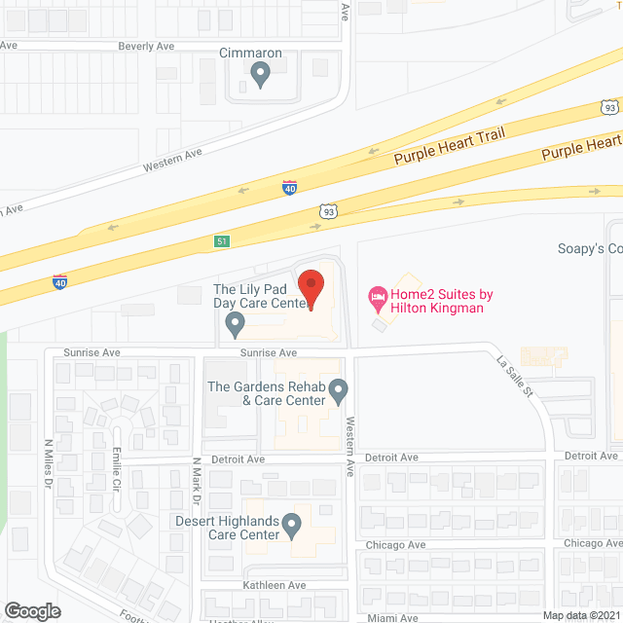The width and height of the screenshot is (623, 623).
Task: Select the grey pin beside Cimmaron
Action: [x=260, y=73]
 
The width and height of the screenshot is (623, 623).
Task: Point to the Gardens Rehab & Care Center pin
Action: [x=338, y=391]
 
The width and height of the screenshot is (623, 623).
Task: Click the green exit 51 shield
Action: [x=223, y=240]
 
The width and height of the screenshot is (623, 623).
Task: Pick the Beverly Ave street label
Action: [x=146, y=46]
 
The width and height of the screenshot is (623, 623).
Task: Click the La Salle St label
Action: [x=516, y=379]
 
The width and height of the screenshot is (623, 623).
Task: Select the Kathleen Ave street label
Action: [x=275, y=585]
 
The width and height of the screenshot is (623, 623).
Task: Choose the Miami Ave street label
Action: [x=392, y=618]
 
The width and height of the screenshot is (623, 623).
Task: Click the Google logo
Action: [x=31, y=610]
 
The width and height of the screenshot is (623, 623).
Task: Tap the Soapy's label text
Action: [x=588, y=248]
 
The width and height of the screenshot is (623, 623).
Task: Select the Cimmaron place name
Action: [x=250, y=53]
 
